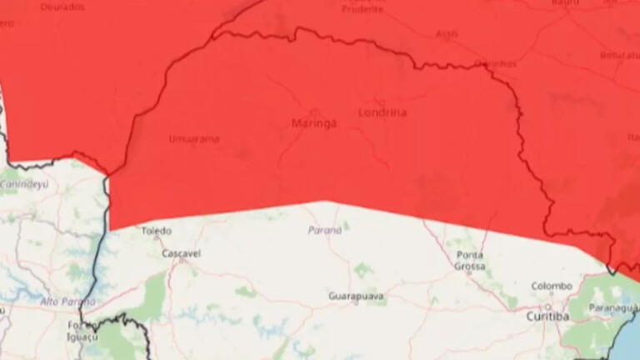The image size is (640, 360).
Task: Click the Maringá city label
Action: (x=314, y=123)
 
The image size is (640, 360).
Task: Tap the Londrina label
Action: (x=382, y=112)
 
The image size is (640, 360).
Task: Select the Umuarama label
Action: (x=194, y=139)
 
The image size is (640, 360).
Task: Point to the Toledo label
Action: (x=156, y=231)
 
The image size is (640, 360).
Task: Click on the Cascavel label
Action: (x=180, y=252)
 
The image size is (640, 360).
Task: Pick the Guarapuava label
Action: (x=356, y=296)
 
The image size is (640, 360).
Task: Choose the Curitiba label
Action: (x=547, y=317)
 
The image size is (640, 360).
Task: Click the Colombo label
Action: (x=552, y=286)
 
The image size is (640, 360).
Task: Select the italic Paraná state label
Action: (x=325, y=230)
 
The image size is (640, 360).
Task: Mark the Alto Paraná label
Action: (x=67, y=301)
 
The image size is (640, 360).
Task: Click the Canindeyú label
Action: (x=25, y=183)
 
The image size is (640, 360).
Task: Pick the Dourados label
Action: (x=62, y=7)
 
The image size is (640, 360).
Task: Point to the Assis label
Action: (x=447, y=34)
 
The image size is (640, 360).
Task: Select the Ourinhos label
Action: (x=495, y=63)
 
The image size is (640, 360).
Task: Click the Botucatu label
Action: (x=619, y=55)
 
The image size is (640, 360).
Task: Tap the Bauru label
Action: (x=565, y=3)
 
